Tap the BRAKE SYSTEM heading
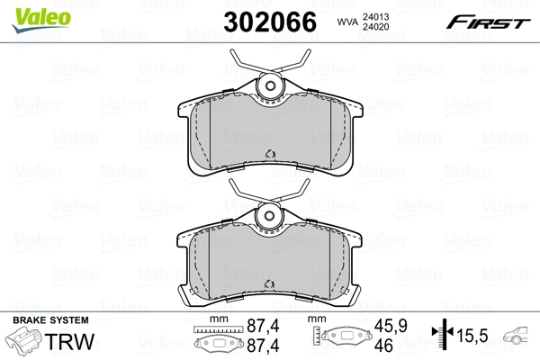click(x=49, y=321)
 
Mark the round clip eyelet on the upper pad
click(x=267, y=87)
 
